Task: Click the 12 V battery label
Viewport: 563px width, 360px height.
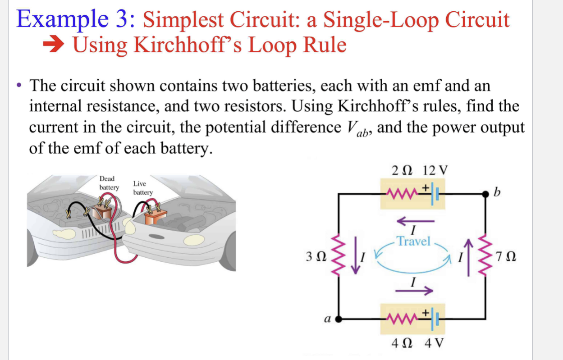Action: (x=436, y=171)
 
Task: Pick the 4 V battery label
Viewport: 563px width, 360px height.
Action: (x=435, y=343)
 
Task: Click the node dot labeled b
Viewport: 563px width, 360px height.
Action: (x=486, y=194)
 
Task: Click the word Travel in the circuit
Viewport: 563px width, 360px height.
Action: (x=414, y=242)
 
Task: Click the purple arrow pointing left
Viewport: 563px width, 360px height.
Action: (x=415, y=221)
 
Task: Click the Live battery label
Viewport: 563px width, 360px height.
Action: (x=142, y=188)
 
